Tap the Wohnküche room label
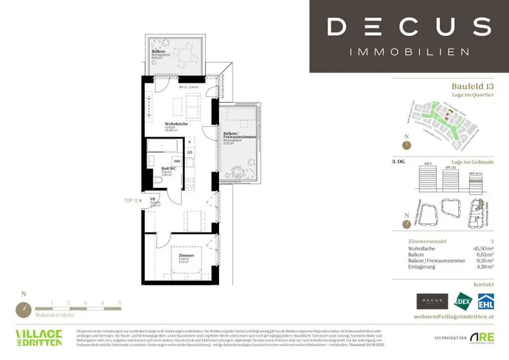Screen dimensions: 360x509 point(176,124)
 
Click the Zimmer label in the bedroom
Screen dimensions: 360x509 point(186,256)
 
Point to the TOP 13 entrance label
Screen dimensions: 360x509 point(131,201)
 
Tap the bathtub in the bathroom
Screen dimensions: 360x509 point(164,146)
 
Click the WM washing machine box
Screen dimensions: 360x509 point(176,161)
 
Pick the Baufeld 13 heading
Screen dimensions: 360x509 point(473,86)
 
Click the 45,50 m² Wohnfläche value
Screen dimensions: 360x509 point(483,248)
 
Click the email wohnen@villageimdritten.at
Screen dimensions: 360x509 point(454,317)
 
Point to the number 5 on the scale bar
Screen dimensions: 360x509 point(119,302)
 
